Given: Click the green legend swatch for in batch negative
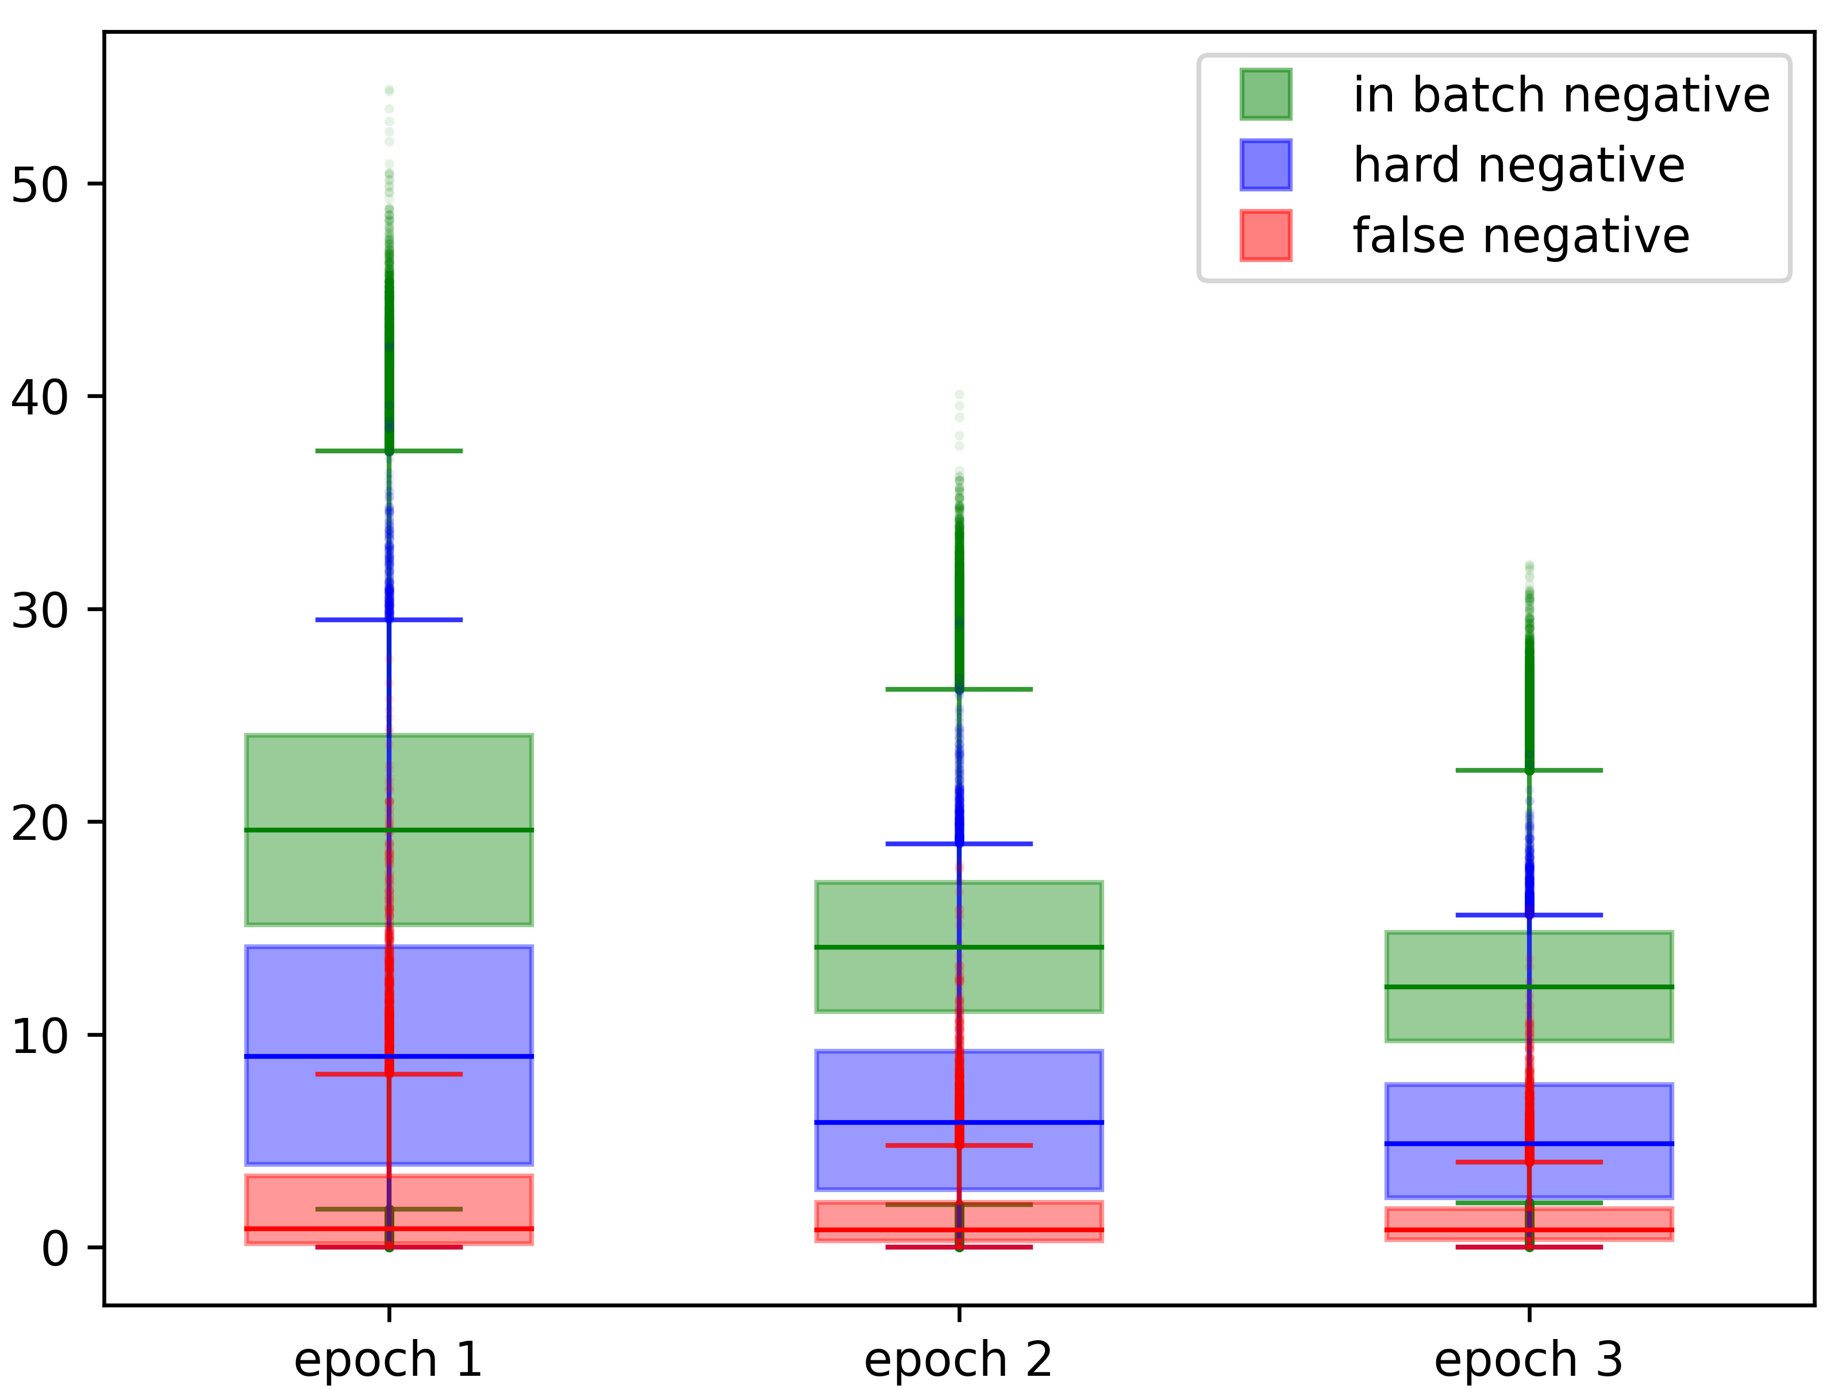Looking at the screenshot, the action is click(1266, 94).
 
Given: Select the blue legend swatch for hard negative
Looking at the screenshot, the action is click(1266, 164).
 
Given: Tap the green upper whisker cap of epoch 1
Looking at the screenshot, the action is click(389, 451).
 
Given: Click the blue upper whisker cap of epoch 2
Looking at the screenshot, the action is click(959, 844).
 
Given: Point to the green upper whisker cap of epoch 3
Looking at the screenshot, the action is click(1529, 770).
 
